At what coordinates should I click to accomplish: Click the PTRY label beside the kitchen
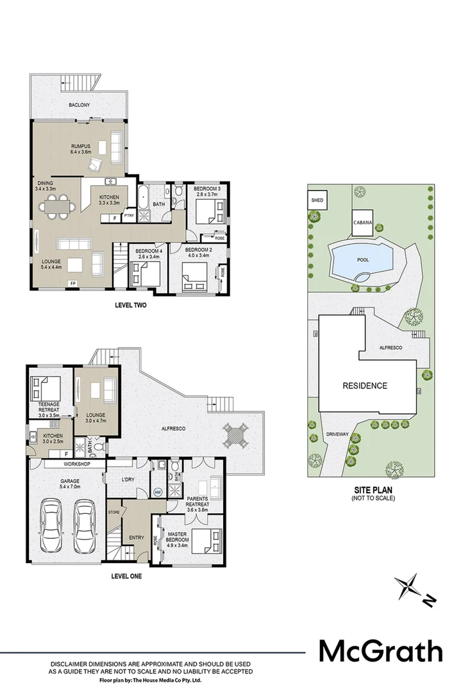[x=128, y=216]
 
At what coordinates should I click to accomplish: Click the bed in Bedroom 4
[x=144, y=274]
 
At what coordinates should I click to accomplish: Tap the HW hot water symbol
[x=158, y=492]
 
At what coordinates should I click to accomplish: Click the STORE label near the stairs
[x=114, y=512]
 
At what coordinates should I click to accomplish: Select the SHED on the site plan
[x=317, y=200]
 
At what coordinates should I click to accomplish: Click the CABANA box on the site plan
[x=362, y=222]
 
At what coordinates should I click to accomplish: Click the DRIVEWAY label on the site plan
[x=337, y=434]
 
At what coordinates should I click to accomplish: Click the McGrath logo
[x=381, y=652]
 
